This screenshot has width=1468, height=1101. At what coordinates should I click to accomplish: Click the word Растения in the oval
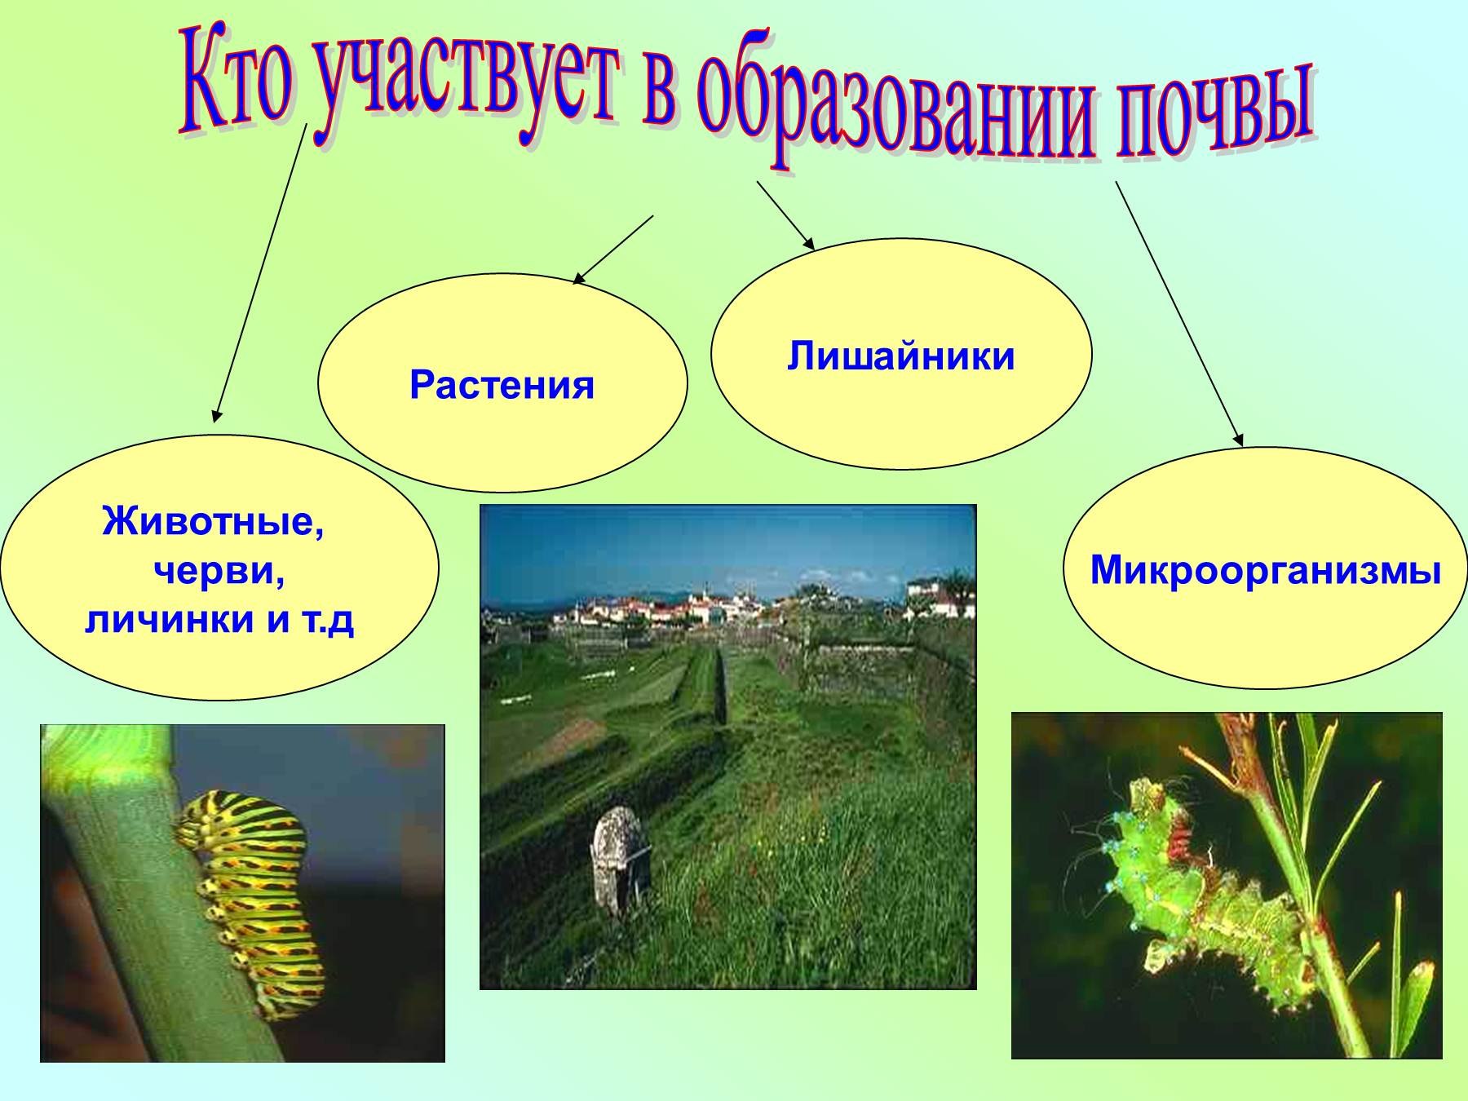(x=502, y=385)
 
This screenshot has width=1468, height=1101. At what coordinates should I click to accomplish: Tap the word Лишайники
(x=901, y=357)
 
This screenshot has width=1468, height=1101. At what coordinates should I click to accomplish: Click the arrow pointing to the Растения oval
(x=613, y=250)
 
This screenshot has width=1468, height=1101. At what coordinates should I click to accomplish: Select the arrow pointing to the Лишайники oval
(x=785, y=215)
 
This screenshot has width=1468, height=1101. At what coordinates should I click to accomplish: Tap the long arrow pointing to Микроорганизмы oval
(x=1179, y=314)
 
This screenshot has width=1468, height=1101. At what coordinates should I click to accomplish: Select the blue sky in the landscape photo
(x=727, y=550)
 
